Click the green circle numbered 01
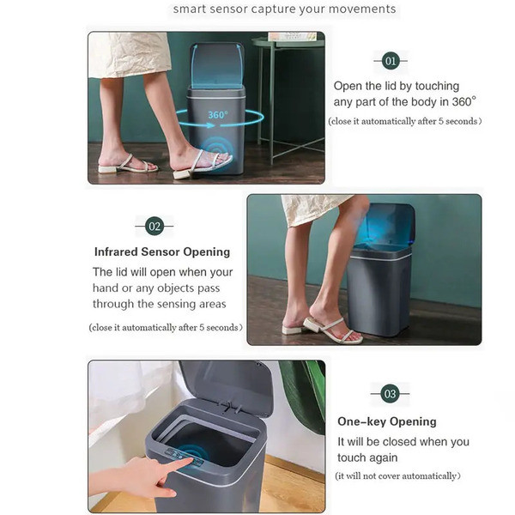click(x=391, y=61)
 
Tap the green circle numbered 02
click(x=154, y=226)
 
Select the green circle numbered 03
click(x=390, y=393)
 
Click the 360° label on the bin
click(x=218, y=115)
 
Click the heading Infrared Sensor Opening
click(x=162, y=251)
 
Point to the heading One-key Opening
click(x=387, y=421)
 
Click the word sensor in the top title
click(x=228, y=9)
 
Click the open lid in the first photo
click(x=217, y=66)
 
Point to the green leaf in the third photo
click(x=304, y=394)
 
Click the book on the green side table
click(x=293, y=36)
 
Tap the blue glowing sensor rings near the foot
click(x=216, y=149)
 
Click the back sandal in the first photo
click(x=128, y=164)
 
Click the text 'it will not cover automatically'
click(x=397, y=476)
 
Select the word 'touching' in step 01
click(x=437, y=87)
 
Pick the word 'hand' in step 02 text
click(x=106, y=288)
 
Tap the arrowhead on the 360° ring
click(x=211, y=125)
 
